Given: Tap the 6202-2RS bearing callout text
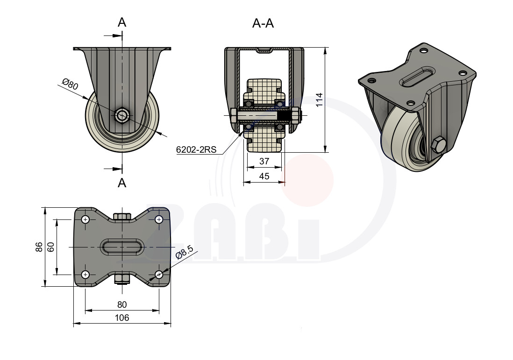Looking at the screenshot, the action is [196, 150].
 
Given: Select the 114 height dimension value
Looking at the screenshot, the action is [319, 100].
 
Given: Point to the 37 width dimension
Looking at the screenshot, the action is [264, 161].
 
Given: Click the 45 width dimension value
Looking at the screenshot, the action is [264, 176].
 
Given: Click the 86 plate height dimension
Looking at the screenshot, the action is [39, 247].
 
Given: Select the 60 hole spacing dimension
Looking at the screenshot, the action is [51, 247].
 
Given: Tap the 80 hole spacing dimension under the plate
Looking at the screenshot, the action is [121, 305].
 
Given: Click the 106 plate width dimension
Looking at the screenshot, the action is [121, 318].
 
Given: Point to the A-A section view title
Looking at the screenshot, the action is [263, 23].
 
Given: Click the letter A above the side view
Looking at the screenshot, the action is [121, 22].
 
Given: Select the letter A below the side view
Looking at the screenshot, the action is [121, 183].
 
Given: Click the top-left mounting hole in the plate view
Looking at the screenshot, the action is [85, 219].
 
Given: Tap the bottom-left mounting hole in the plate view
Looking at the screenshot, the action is [85, 275].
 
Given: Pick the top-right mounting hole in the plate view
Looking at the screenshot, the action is [159, 219].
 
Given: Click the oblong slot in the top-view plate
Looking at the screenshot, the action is [122, 247].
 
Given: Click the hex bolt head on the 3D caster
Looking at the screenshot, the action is [437, 145].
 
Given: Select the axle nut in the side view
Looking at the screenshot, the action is [122, 115].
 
